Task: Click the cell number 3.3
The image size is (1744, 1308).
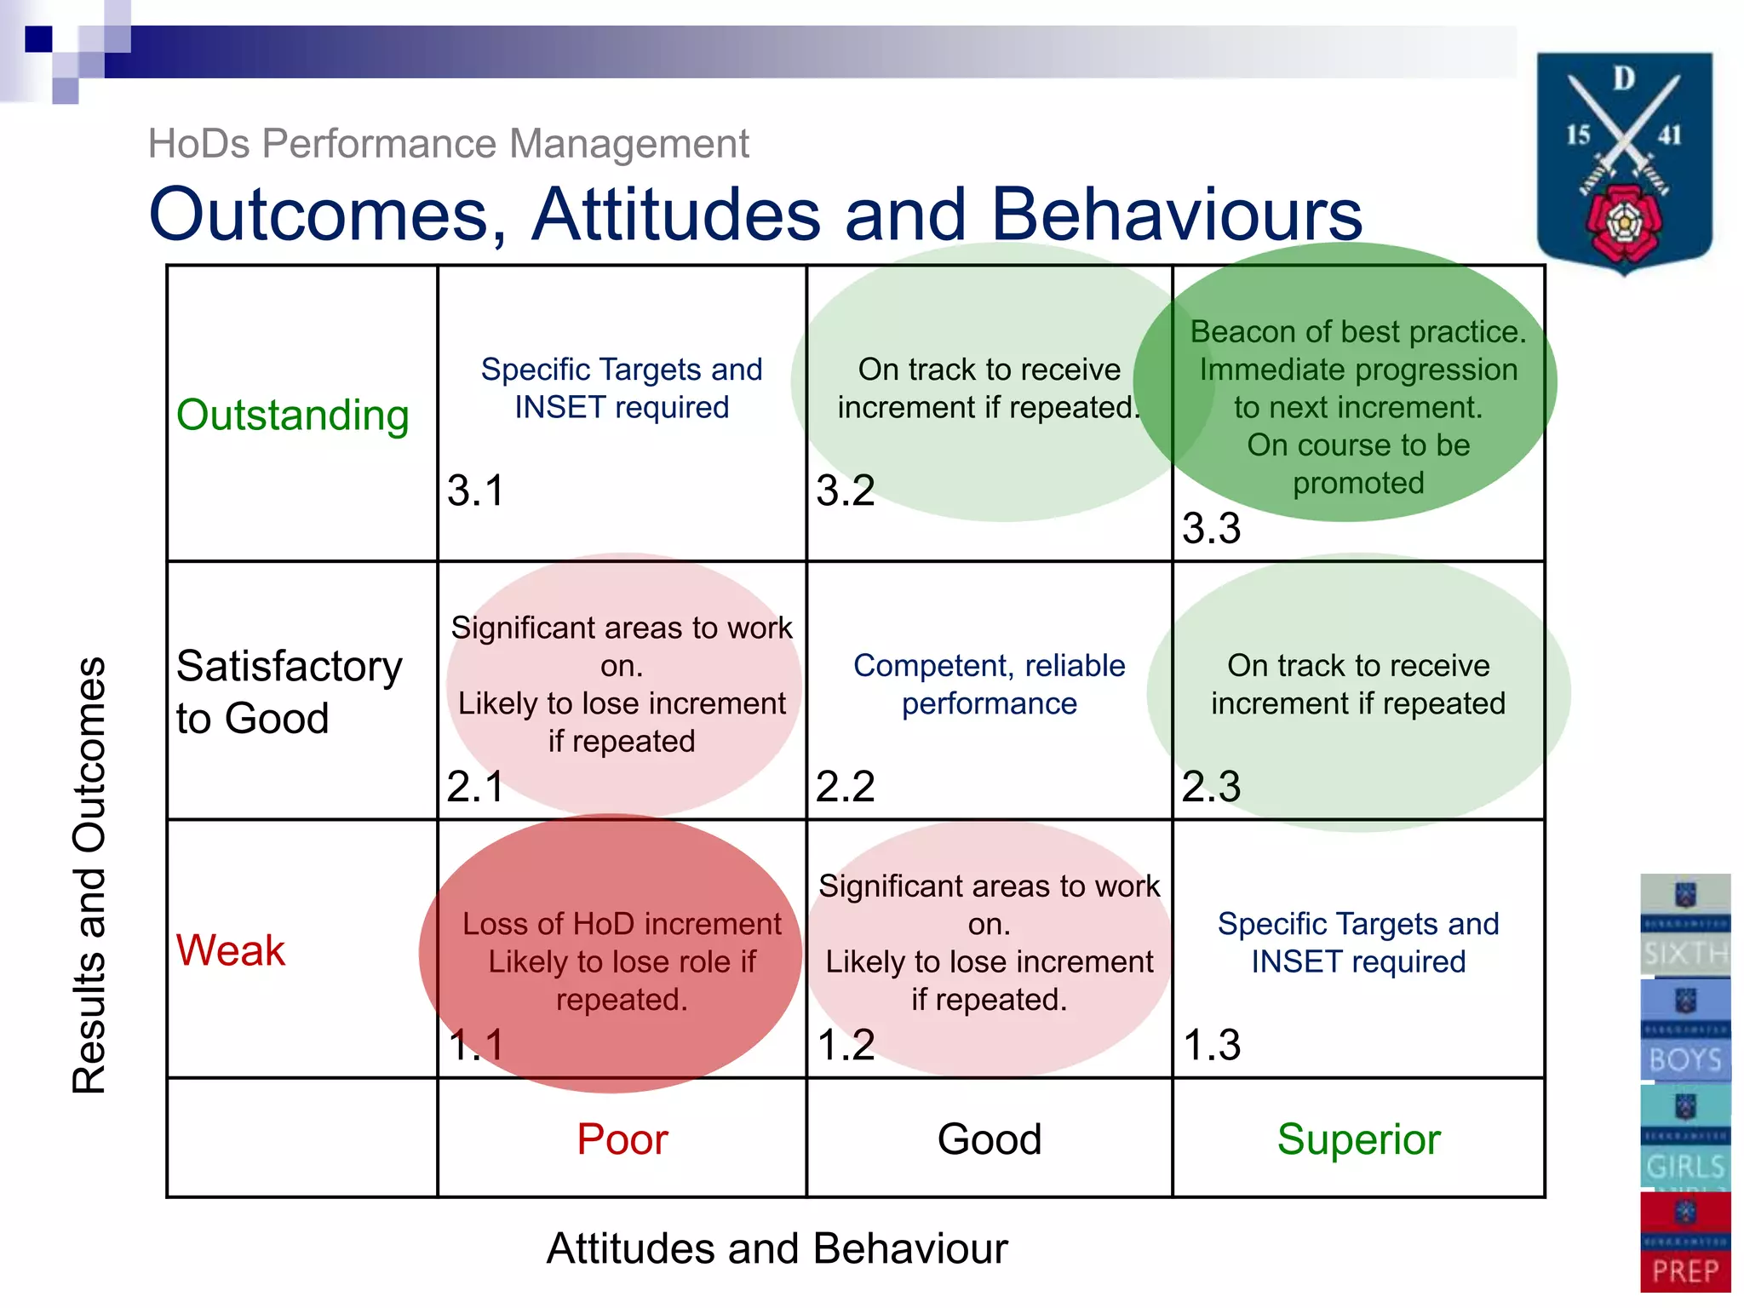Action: [x=1211, y=529]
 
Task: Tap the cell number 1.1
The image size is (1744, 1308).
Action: [x=476, y=1045]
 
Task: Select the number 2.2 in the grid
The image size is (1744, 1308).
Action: [x=845, y=786]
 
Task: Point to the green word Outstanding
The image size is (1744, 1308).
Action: [x=292, y=416]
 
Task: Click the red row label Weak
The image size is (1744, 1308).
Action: [x=230, y=950]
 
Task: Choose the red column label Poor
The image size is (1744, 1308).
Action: [x=622, y=1139]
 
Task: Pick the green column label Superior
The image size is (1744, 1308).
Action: [x=1358, y=1139]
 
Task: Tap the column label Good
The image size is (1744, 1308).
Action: [x=989, y=1139]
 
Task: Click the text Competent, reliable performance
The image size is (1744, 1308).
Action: [x=989, y=685]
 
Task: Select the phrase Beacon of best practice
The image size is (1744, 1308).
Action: [x=1358, y=331]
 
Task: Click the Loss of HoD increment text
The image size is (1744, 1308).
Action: [x=622, y=925]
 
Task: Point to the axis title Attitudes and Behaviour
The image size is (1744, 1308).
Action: [x=777, y=1249]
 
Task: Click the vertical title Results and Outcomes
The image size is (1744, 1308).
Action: [x=89, y=875]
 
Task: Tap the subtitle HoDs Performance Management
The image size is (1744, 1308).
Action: [x=448, y=144]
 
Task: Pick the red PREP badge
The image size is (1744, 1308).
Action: [x=1685, y=1242]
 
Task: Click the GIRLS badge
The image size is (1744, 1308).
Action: [x=1685, y=1137]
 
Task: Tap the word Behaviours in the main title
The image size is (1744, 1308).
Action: [x=1177, y=215]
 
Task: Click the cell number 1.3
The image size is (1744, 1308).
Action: [x=1212, y=1045]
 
